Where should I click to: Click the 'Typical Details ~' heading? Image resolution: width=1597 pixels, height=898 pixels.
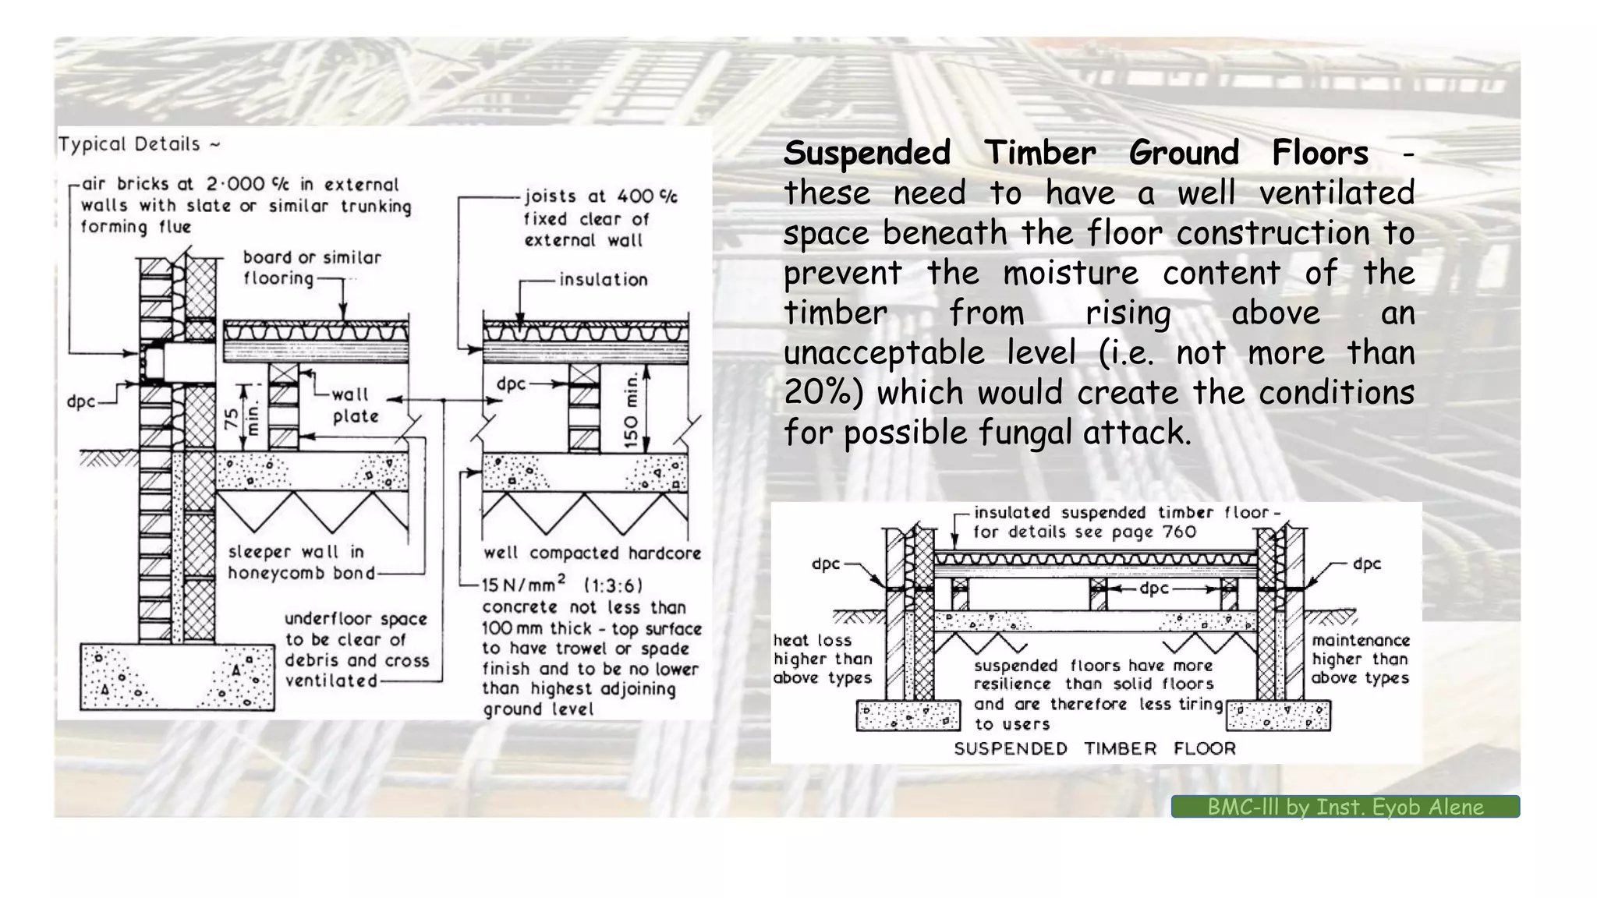click(x=139, y=144)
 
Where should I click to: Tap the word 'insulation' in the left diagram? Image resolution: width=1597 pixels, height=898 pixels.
click(x=603, y=279)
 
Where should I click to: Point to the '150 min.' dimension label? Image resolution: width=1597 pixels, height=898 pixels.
click(x=632, y=411)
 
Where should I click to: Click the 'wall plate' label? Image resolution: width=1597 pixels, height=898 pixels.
click(x=355, y=405)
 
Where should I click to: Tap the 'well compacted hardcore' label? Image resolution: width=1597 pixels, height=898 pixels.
click(x=592, y=553)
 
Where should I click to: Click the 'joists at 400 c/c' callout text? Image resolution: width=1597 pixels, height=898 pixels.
click(x=600, y=196)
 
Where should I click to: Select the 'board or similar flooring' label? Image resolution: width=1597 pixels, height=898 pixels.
click(x=311, y=267)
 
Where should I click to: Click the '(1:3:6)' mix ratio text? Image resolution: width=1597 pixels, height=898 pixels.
click(x=613, y=585)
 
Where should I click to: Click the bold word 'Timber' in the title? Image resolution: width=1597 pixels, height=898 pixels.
click(x=1039, y=153)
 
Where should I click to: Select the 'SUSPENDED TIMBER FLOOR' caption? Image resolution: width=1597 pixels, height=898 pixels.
click(x=1095, y=749)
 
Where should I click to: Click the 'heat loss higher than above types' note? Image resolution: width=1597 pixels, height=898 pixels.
click(x=822, y=659)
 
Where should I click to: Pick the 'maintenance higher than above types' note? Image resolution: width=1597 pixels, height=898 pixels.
click(x=1360, y=659)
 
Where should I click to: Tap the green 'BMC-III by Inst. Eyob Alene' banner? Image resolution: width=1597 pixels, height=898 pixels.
click(x=1344, y=807)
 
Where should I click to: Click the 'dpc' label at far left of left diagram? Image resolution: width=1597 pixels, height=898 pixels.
click(x=80, y=402)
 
